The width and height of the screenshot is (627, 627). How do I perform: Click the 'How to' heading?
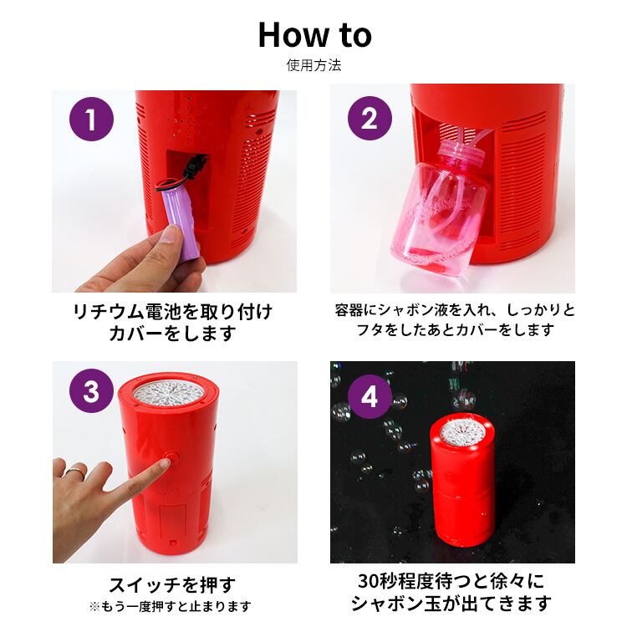[x=314, y=35]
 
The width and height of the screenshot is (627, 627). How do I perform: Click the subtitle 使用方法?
[x=313, y=65]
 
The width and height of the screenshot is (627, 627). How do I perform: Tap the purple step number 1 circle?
[x=92, y=119]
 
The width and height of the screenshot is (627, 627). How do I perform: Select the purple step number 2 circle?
[x=370, y=119]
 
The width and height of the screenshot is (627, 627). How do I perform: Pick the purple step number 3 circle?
[x=92, y=390]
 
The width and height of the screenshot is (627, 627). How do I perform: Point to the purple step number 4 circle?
[x=370, y=396]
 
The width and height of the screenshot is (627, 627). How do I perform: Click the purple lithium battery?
[x=180, y=224]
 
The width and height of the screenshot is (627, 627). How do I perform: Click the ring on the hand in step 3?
[x=76, y=470]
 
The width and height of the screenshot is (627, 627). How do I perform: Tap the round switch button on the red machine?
[x=172, y=457]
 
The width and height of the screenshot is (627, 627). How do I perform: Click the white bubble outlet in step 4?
[x=462, y=434]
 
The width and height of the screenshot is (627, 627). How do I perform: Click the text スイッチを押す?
[x=172, y=585]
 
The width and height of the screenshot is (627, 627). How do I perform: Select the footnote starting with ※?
[x=171, y=607]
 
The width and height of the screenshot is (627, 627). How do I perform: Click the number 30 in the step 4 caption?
[x=368, y=581]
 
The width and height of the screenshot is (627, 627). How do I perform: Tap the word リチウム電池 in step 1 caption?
[x=126, y=312]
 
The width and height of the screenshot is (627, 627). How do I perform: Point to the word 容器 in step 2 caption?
[x=349, y=310]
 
